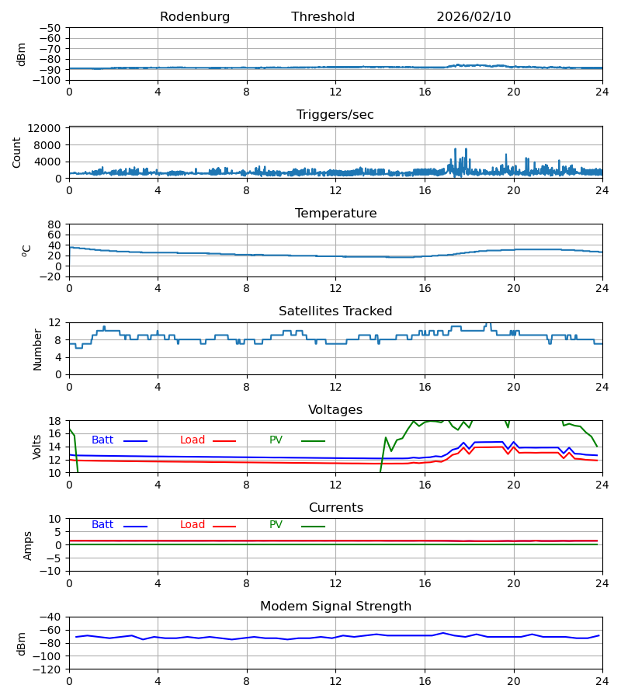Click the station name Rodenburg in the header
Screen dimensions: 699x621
(195, 17)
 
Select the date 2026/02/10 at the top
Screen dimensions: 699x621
(474, 17)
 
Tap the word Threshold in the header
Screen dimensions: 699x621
(323, 17)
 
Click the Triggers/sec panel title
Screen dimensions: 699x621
(335, 115)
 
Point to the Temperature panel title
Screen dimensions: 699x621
(335, 214)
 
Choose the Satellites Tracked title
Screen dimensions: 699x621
(335, 311)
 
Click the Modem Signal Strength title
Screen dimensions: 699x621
(335, 607)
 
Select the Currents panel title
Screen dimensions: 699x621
(335, 508)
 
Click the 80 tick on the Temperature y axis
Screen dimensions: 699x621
(54, 224)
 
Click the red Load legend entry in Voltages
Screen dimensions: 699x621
(193, 440)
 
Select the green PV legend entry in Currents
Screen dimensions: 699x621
(276, 525)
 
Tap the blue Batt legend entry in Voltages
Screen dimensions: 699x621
(102, 440)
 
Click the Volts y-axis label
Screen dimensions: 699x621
(37, 447)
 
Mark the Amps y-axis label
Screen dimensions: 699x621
(28, 545)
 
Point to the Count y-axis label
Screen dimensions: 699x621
(17, 152)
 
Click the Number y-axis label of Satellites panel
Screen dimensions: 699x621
(37, 349)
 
